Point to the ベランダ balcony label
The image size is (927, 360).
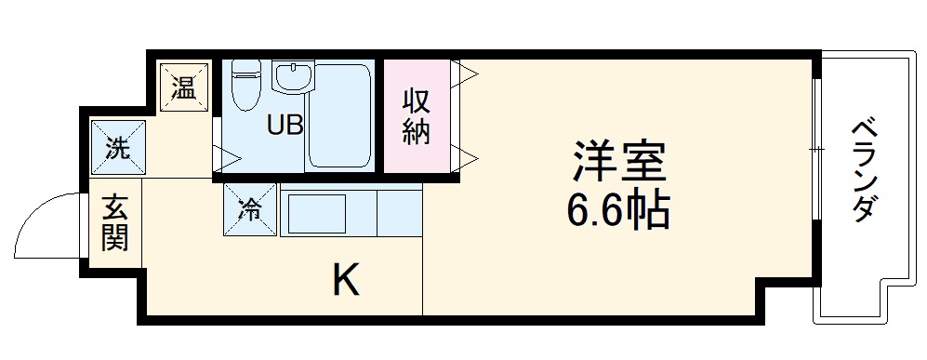(x=864, y=170)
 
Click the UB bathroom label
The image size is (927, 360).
(x=285, y=125)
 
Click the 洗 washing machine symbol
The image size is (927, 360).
(x=118, y=147)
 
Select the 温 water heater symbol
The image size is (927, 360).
(x=183, y=89)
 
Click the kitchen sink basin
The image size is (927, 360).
(x=317, y=214)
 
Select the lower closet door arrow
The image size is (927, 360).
(x=464, y=154)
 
